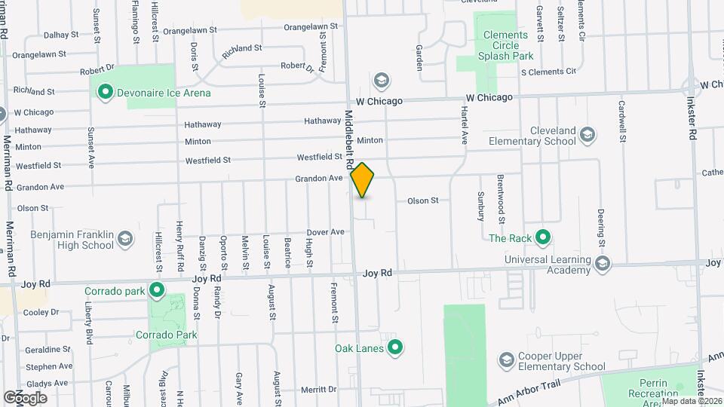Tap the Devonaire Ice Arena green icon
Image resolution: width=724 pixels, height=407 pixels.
pos(105,93)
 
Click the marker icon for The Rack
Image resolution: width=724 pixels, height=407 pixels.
pos(542,238)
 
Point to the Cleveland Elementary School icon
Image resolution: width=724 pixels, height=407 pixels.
pos(587,135)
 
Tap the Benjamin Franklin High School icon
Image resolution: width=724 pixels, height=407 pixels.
pos(125,240)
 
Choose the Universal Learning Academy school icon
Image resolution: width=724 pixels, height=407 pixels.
pos(602,264)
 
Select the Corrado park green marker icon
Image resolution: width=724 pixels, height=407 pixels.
pos(157,290)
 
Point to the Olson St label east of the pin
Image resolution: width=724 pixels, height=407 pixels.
pos(423,200)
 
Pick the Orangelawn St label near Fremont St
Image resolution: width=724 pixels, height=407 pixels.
pos(314,26)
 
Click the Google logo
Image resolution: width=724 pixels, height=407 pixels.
pos(25,397)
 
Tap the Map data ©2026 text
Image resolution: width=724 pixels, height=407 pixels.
pos(692,401)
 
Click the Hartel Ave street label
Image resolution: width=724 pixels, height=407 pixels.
pos(465,125)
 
